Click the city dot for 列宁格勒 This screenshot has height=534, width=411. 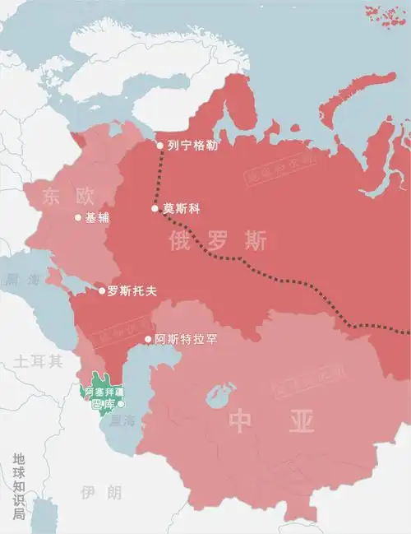click(160, 146)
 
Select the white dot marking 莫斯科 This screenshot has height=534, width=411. click(155, 208)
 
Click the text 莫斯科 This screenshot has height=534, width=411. click(181, 208)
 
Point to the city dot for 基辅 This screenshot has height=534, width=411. click(78, 218)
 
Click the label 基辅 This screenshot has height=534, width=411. click(97, 218)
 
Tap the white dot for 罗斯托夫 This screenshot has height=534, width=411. click(102, 290)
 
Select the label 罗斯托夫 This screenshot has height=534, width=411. click(132, 290)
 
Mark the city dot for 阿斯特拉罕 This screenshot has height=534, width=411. click(148, 339)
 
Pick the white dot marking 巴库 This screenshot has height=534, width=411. click(121, 404)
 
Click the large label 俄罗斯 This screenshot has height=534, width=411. click(218, 241)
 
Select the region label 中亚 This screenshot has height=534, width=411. click(272, 421)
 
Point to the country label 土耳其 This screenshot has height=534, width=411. click(38, 360)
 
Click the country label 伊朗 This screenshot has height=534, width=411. click(101, 492)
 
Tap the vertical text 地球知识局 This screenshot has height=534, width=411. click(19, 485)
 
